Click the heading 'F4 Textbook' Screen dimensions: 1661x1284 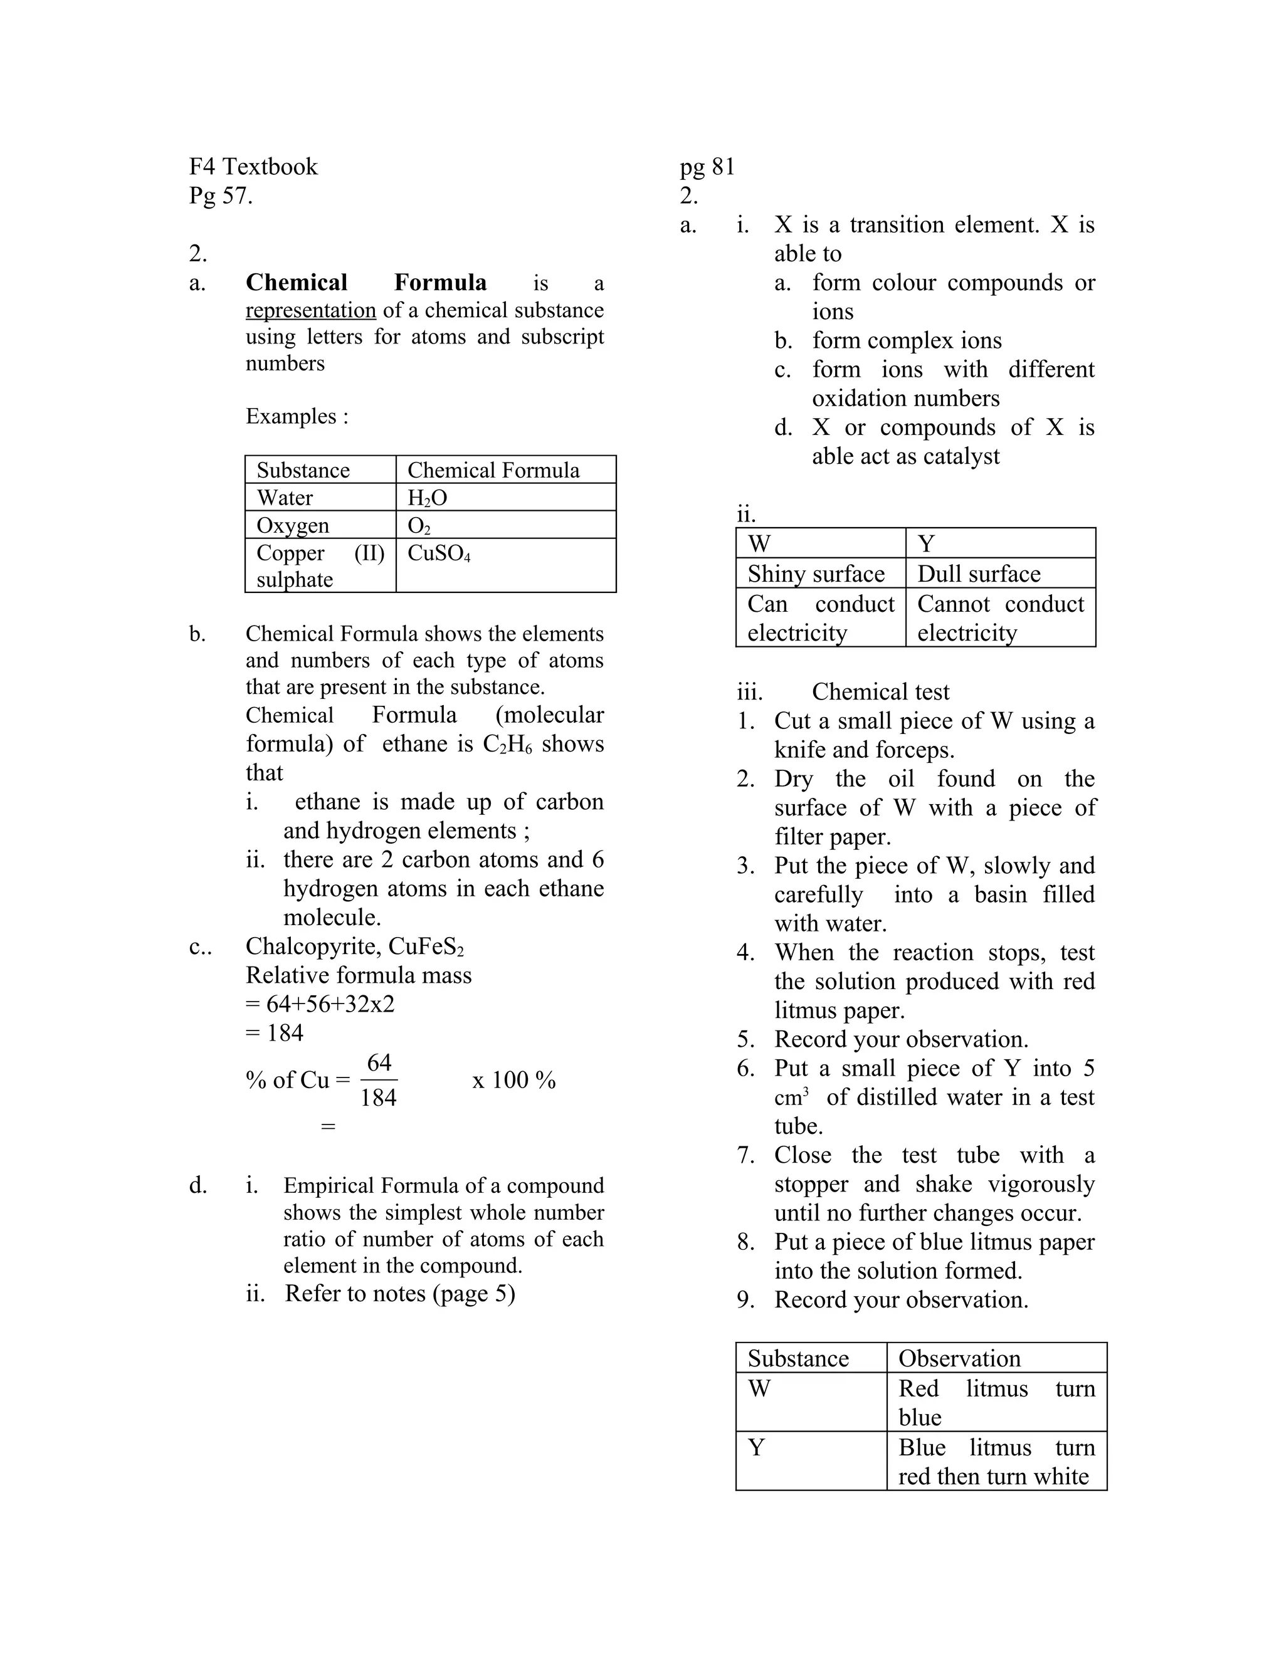[253, 167]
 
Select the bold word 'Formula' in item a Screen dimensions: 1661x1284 [439, 283]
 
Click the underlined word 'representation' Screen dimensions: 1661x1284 [310, 310]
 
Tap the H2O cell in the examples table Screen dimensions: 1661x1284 [427, 498]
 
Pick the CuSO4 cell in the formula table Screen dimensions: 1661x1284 [439, 553]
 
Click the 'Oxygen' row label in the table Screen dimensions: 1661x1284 [293, 525]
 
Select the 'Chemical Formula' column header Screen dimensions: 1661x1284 [493, 470]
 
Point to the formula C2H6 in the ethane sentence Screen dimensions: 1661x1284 [507, 744]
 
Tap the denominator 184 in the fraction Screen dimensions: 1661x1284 [378, 1098]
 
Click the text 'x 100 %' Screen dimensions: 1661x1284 [513, 1080]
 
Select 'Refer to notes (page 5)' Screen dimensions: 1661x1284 [400, 1294]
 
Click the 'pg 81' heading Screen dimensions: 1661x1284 [707, 167]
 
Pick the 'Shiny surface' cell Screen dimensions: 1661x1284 [816, 574]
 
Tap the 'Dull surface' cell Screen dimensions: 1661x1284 [978, 574]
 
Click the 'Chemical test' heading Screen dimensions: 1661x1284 [880, 692]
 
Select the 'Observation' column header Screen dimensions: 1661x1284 [959, 1358]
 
